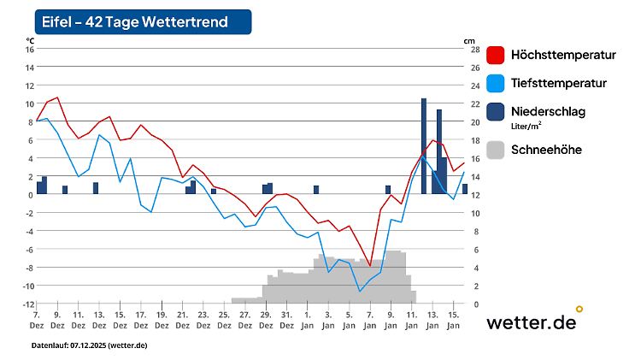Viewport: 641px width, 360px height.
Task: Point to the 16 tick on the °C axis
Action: [29, 49]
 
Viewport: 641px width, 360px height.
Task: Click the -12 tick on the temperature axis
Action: [27, 304]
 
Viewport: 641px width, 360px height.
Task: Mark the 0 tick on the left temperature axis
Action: [31, 194]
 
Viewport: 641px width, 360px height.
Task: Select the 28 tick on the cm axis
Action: [473, 49]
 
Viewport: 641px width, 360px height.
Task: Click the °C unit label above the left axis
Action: [30, 40]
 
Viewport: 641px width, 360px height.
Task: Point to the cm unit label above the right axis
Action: [468, 40]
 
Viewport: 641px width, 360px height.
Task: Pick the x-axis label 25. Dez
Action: [224, 320]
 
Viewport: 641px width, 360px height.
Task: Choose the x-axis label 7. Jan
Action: [370, 320]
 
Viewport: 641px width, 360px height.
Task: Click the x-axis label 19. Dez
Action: [162, 320]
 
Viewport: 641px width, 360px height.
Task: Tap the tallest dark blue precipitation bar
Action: [424, 145]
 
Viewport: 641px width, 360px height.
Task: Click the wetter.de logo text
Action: [531, 322]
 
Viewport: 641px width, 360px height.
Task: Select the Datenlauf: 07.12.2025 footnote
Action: [89, 345]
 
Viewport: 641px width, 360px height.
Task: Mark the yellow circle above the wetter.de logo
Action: [579, 309]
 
